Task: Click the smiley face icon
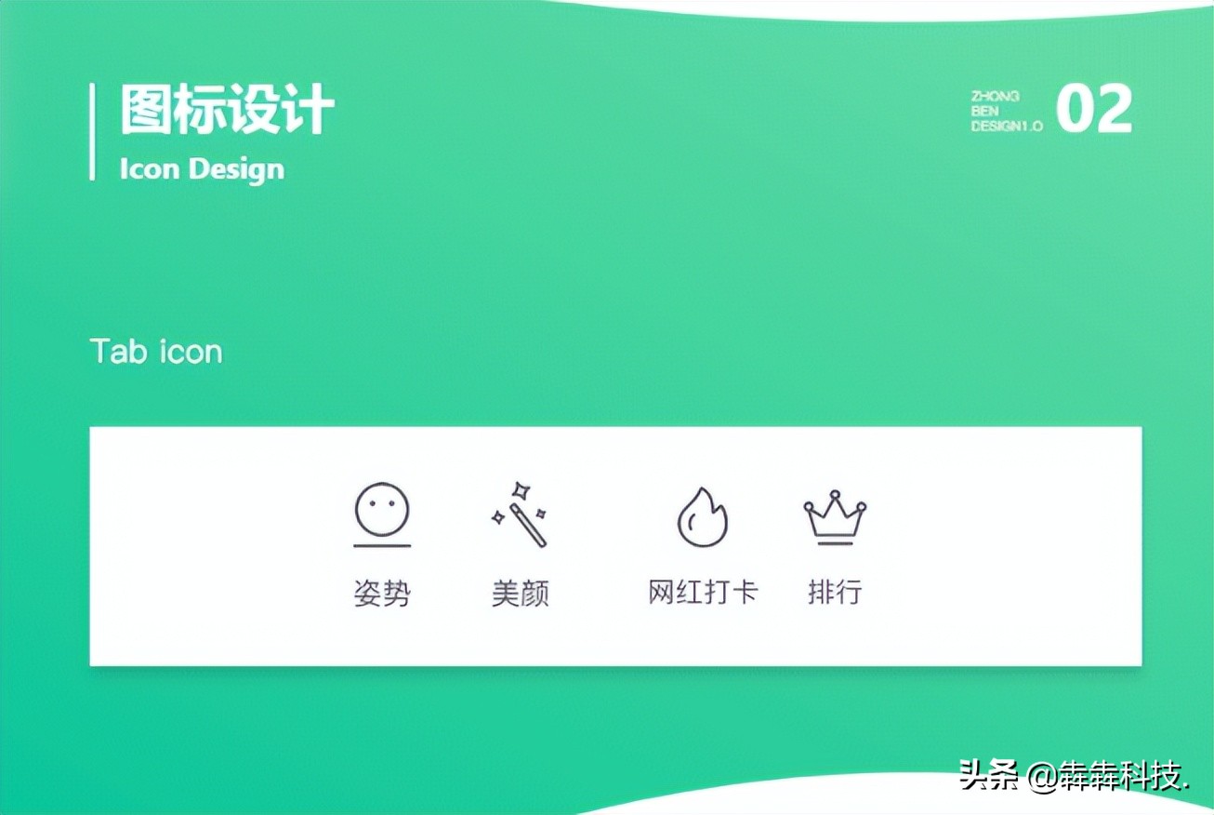point(382,508)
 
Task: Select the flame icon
point(702,517)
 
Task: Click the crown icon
point(835,515)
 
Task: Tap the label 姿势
point(382,594)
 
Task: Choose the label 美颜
point(521,594)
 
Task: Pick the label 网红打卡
point(703,593)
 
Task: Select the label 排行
point(835,592)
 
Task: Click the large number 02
point(1094,110)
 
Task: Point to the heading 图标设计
point(227,111)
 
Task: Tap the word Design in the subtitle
point(236,169)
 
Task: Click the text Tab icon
point(156,352)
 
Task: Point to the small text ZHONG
point(995,96)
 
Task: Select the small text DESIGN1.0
point(1007,126)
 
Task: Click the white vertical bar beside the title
point(92,131)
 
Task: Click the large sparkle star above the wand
point(522,489)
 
